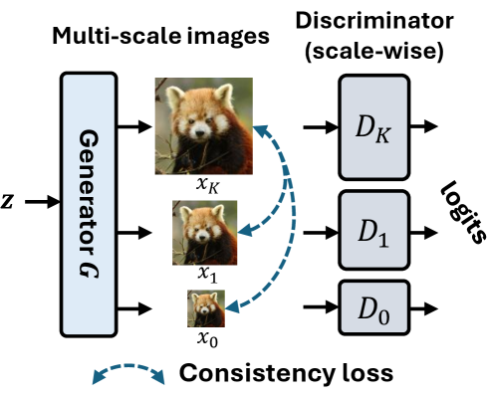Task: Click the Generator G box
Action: click(89, 204)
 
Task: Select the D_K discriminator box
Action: click(374, 127)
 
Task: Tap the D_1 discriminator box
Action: click(374, 230)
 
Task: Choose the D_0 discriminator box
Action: click(374, 307)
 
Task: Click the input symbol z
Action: click(7, 201)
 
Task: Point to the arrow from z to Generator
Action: click(42, 202)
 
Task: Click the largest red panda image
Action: click(204, 126)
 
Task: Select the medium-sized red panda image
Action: click(204, 233)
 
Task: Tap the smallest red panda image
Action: click(206, 308)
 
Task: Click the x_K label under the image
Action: click(207, 185)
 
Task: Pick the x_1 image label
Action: click(207, 275)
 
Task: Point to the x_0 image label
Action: click(207, 339)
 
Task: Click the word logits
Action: click(463, 213)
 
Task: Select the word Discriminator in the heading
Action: click(374, 21)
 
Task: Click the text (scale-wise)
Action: click(374, 51)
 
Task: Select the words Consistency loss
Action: click(286, 373)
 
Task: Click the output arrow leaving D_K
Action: click(424, 126)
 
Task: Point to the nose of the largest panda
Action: click(200, 133)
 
